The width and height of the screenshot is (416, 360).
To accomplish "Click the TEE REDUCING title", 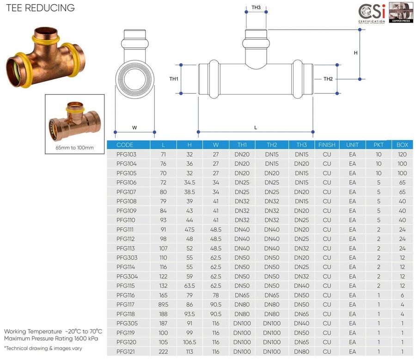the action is pyautogui.click(x=40, y=8).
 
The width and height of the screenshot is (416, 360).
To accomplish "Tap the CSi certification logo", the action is pyautogui.click(x=372, y=13).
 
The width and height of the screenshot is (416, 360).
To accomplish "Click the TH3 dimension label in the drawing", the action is pyautogui.click(x=256, y=7).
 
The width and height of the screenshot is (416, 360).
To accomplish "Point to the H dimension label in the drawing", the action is pyautogui.click(x=355, y=53).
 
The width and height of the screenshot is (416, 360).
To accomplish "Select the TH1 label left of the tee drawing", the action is pyautogui.click(x=174, y=79).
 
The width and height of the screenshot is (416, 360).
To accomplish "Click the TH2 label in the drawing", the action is pyautogui.click(x=328, y=79).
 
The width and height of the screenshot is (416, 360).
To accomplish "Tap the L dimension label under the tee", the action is pyautogui.click(x=256, y=128).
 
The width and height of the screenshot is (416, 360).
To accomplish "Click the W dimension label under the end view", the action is pyautogui.click(x=135, y=128).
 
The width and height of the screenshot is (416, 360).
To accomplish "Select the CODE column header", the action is pyautogui.click(x=125, y=145).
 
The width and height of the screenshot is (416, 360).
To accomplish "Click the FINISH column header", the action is pyautogui.click(x=327, y=145).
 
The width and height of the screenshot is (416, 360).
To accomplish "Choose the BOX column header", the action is pyautogui.click(x=402, y=145).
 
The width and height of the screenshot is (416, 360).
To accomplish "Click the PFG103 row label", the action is pyautogui.click(x=126, y=154).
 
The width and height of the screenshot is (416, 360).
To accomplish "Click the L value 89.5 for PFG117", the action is pyautogui.click(x=163, y=305).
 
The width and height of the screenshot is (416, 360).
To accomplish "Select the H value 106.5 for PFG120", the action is pyautogui.click(x=190, y=342).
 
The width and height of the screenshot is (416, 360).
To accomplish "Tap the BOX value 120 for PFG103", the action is pyautogui.click(x=402, y=154).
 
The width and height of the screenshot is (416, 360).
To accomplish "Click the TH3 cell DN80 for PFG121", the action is pyautogui.click(x=302, y=352).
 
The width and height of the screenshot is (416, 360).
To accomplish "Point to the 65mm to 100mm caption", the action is pyautogui.click(x=74, y=148).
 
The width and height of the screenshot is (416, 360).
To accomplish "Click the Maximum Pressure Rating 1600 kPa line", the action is pyautogui.click(x=51, y=339).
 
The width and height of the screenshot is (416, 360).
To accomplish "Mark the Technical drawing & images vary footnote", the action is pyautogui.click(x=43, y=348).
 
